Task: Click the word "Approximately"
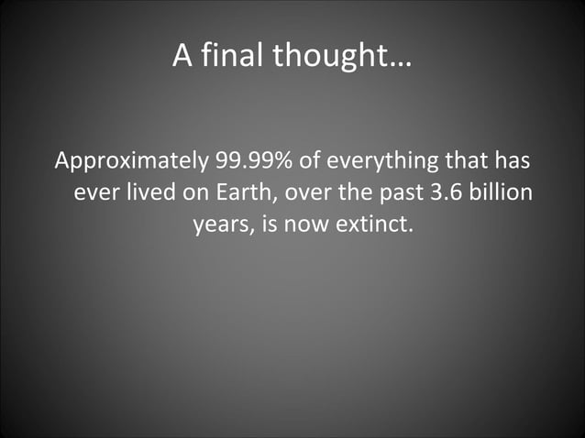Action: click(x=131, y=163)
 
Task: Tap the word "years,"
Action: click(x=224, y=224)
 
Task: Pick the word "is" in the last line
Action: click(x=271, y=224)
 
